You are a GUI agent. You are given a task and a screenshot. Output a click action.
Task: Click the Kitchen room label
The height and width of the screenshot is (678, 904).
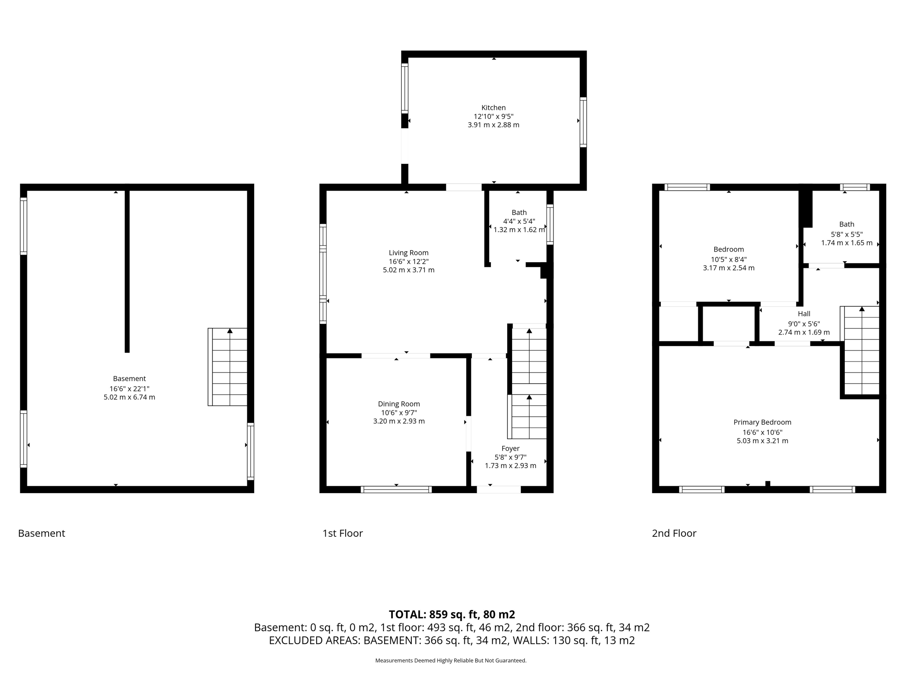click(x=493, y=108)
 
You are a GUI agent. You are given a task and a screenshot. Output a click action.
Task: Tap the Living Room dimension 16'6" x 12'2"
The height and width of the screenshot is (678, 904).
click(x=408, y=261)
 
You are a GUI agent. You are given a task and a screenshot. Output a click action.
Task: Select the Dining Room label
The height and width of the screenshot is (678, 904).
click(x=399, y=404)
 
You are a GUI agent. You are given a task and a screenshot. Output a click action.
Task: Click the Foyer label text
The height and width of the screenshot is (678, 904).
click(x=510, y=448)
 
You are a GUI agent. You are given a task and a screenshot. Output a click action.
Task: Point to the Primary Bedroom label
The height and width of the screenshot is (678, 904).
click(x=762, y=422)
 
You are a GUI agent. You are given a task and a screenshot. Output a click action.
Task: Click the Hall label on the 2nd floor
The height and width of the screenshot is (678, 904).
click(x=804, y=314)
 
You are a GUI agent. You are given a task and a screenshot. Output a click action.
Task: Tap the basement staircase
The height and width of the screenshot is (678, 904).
click(x=228, y=367)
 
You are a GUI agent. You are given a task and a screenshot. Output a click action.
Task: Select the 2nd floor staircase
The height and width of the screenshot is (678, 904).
click(x=861, y=350)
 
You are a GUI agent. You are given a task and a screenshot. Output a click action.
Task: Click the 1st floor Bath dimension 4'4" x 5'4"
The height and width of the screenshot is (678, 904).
click(x=519, y=221)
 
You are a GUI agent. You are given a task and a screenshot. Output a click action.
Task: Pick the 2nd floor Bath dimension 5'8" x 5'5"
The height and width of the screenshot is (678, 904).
click(x=847, y=234)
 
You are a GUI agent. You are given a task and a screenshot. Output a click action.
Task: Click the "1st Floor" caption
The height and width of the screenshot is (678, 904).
click(x=343, y=533)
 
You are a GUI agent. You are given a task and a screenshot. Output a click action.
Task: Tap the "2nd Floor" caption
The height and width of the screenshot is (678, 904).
click(x=674, y=533)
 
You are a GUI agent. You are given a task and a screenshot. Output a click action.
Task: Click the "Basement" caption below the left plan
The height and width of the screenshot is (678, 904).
click(x=41, y=533)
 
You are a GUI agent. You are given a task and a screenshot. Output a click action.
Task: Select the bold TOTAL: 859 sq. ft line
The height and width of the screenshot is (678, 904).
click(x=452, y=614)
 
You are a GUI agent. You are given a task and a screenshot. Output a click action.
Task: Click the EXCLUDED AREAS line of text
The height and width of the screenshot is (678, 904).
click(x=452, y=640)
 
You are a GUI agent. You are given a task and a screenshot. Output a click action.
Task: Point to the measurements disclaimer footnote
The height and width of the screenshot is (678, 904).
click(x=451, y=661)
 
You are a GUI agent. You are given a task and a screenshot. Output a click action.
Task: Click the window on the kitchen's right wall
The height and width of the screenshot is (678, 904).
click(x=583, y=122)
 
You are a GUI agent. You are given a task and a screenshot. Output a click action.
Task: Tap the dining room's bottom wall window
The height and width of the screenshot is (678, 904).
click(x=396, y=489)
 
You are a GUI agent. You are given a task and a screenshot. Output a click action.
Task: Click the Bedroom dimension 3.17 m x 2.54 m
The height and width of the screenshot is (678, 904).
click(x=728, y=268)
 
